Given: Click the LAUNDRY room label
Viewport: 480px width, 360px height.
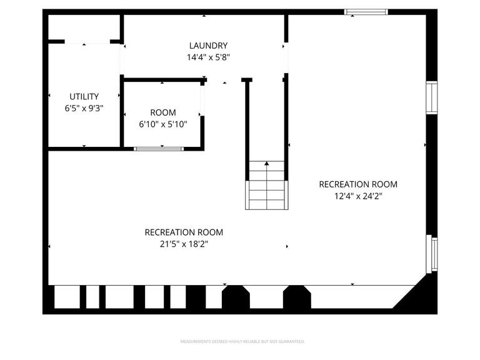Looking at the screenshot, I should [x=208, y=46].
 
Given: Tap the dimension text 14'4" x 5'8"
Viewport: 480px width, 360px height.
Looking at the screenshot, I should [x=208, y=57].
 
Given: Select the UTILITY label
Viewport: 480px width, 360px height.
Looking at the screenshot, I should [x=84, y=96].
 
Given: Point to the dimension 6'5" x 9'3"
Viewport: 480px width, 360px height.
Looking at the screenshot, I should [x=84, y=107].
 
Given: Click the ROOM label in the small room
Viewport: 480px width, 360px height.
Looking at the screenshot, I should [x=162, y=112].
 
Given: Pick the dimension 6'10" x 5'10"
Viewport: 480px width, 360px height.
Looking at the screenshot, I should [x=162, y=124].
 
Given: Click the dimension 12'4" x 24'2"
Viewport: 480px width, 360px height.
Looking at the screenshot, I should [x=358, y=196].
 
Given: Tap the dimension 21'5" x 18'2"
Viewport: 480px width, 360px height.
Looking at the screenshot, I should [x=184, y=244].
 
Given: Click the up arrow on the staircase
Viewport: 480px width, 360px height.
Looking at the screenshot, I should [x=267, y=164].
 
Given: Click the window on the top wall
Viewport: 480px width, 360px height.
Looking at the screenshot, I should [x=366, y=12].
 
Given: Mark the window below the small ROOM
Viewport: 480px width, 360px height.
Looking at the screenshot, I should [x=159, y=149].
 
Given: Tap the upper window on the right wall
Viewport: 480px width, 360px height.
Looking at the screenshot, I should [x=432, y=98].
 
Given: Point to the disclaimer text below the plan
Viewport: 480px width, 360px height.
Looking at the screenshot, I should [x=242, y=342].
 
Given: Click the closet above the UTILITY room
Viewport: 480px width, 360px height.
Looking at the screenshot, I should [x=84, y=27].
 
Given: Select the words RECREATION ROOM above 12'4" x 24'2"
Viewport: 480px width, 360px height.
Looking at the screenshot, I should [x=358, y=184].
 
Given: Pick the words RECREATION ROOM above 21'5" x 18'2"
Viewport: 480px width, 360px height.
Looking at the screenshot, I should [x=184, y=232].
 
